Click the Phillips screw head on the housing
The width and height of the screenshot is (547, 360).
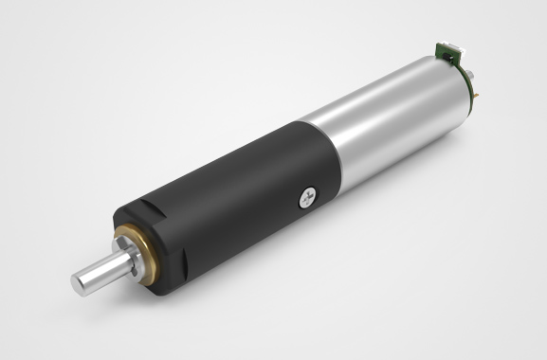306,196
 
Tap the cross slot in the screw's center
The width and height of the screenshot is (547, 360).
306,196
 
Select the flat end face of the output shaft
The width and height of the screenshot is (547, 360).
82,279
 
